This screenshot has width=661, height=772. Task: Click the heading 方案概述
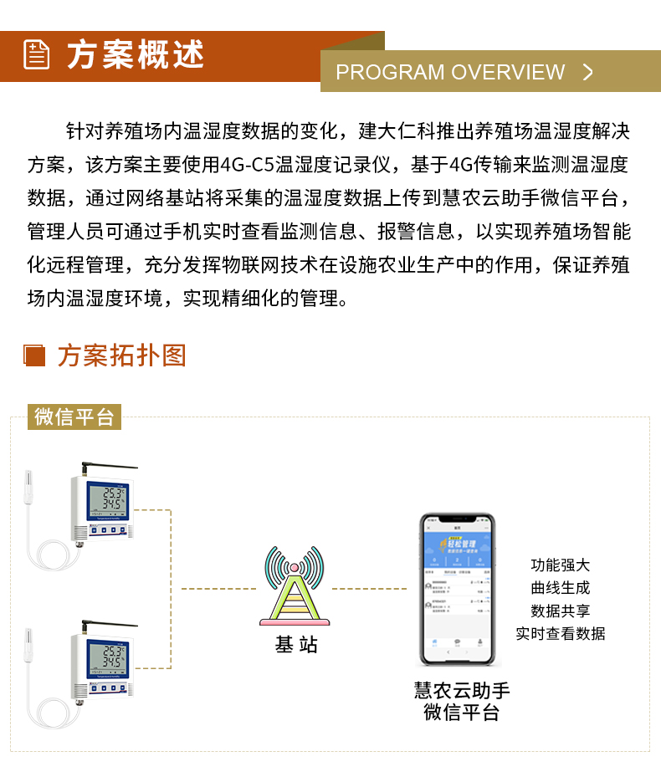(136, 55)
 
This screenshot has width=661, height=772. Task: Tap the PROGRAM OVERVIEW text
(450, 72)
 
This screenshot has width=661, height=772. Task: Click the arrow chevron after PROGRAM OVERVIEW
(587, 72)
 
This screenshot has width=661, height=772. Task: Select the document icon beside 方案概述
(36, 55)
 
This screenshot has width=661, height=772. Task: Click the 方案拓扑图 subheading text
(122, 355)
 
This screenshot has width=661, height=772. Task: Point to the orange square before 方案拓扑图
(34, 355)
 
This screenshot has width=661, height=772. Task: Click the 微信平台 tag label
(74, 417)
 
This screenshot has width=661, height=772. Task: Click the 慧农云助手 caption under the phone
(462, 690)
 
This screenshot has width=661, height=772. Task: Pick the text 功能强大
(560, 565)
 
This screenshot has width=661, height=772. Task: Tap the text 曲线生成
(560, 588)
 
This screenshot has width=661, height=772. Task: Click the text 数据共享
(560, 611)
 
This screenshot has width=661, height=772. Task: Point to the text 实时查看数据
(560, 633)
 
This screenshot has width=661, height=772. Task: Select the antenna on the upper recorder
(104, 467)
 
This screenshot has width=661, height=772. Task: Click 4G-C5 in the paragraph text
(252, 164)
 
